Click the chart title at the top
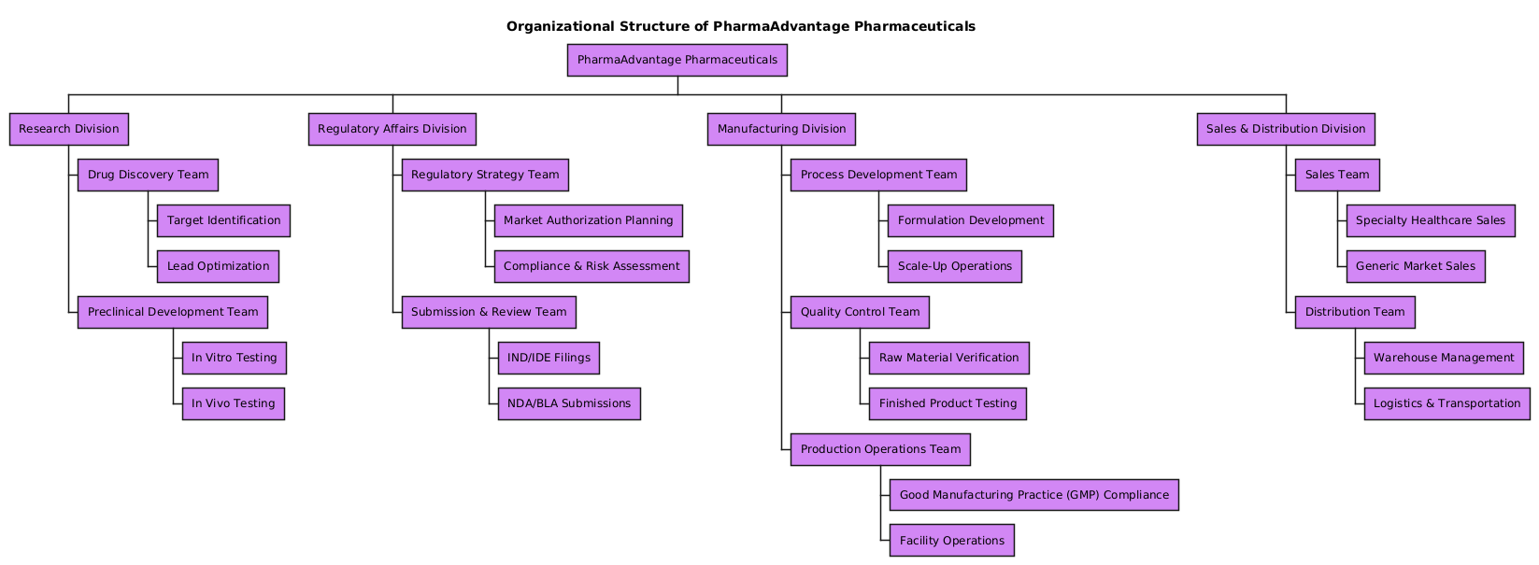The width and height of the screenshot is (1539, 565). [740, 26]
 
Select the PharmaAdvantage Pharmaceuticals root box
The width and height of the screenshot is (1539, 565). [677, 60]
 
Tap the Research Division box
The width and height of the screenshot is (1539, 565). [69, 129]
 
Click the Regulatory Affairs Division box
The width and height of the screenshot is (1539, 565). [392, 129]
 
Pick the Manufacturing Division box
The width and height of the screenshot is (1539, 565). [781, 129]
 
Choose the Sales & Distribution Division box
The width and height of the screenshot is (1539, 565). [1285, 129]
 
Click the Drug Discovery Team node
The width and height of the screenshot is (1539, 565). [148, 175]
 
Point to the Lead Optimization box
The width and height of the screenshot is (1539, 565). [218, 266]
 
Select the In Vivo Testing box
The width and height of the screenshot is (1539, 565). [233, 403]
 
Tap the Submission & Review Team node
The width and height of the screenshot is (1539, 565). [489, 312]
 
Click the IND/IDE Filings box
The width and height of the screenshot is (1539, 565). [549, 358]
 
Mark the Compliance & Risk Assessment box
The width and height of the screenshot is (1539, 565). [591, 266]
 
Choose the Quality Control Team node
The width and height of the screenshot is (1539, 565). [860, 312]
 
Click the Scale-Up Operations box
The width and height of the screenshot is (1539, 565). [954, 266]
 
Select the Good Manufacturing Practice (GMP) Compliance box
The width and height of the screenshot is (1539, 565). [1033, 495]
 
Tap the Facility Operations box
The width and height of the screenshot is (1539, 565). [951, 541]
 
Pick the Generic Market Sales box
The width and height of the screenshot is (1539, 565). [1415, 266]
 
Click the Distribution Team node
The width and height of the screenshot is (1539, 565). [1355, 312]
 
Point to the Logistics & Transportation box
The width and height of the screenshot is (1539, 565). [1446, 403]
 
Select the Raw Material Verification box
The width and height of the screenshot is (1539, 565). [948, 358]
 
